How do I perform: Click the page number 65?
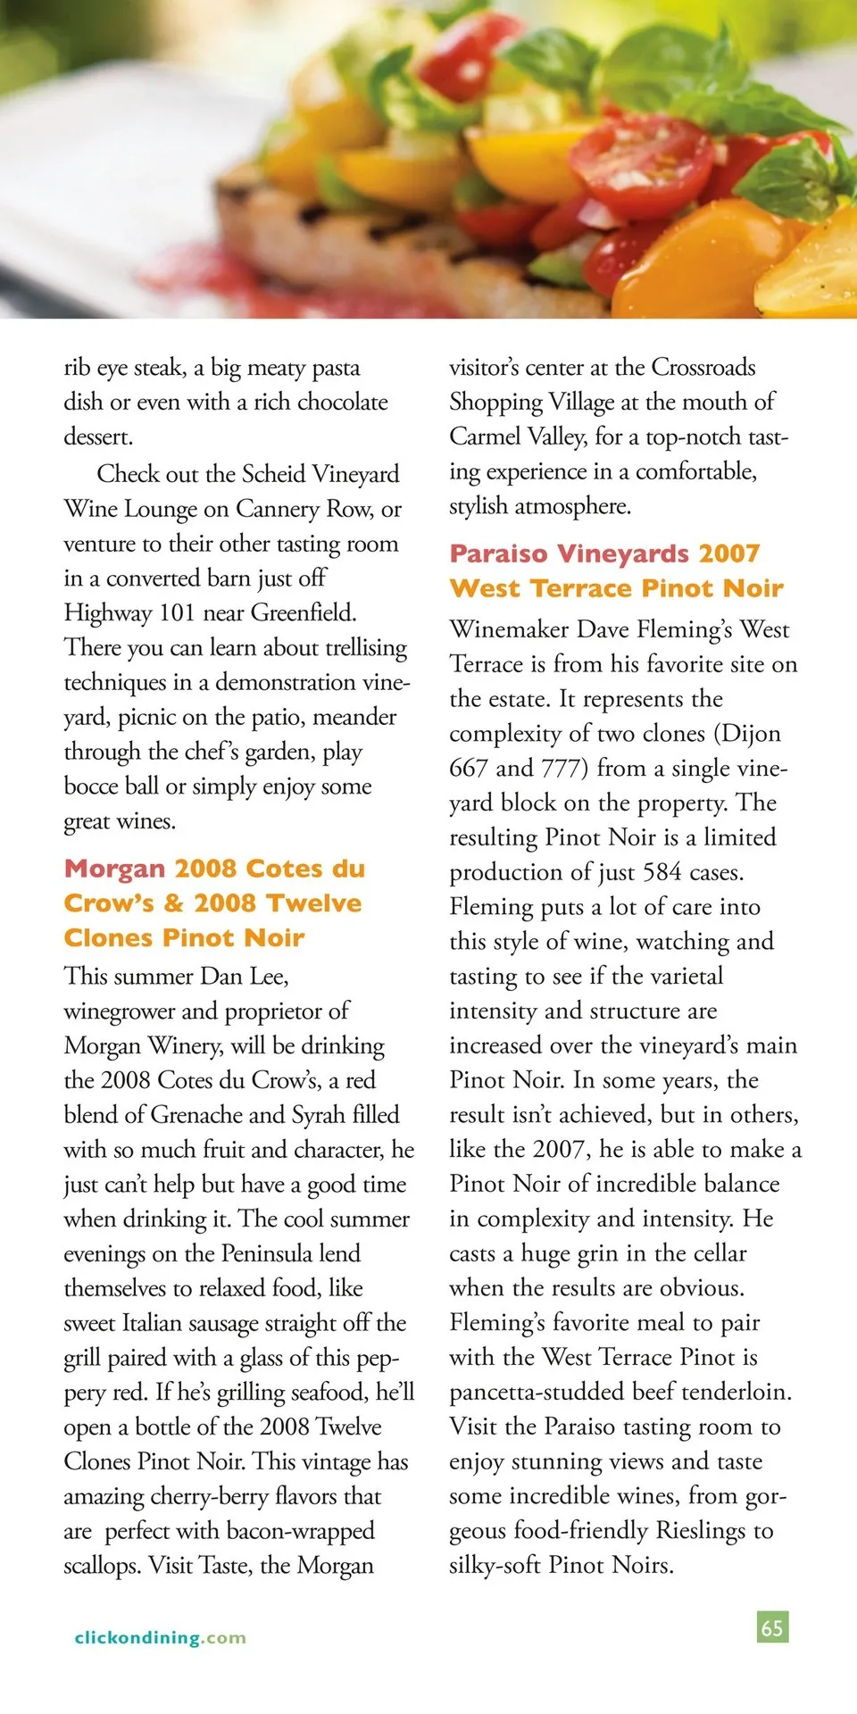tap(772, 1627)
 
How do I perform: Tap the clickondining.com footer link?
tap(161, 1637)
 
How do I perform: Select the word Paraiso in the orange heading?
tap(498, 553)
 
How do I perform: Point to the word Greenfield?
tap(304, 612)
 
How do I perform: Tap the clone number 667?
tap(469, 768)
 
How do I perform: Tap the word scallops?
tap(102, 1565)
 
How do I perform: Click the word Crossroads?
tap(703, 367)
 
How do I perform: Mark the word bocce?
tap(92, 786)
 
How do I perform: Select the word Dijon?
tap(751, 733)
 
